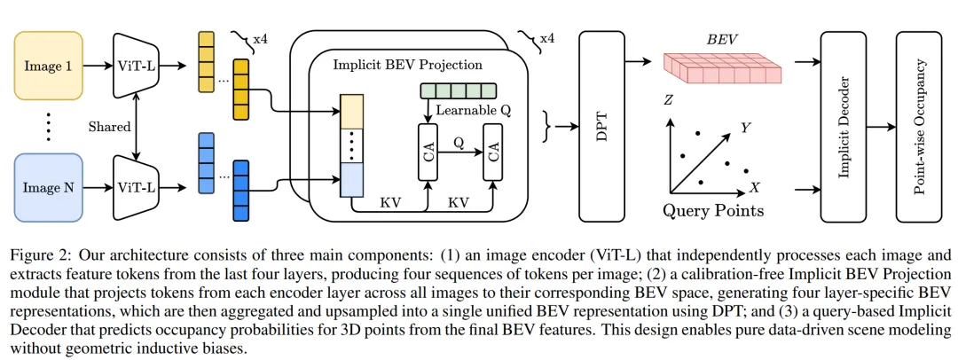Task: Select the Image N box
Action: coord(48,187)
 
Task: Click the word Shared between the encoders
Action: coord(110,126)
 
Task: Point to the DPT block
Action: coord(602,125)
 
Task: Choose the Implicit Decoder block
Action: coord(843,125)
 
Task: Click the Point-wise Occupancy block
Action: coord(923,125)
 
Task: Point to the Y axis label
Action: coord(747,128)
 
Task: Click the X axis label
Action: coord(755,189)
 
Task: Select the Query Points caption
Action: coord(713,211)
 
